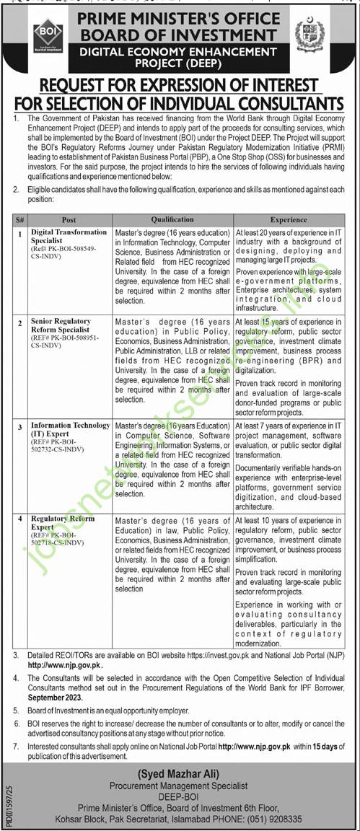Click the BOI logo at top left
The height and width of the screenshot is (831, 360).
(48, 35)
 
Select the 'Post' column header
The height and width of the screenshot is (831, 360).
(69, 219)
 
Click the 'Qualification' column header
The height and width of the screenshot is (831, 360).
(172, 219)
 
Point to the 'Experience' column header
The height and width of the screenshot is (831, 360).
(289, 219)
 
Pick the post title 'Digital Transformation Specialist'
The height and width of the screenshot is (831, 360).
(69, 237)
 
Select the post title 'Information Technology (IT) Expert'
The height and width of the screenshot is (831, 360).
(70, 429)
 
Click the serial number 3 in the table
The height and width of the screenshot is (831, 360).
(21, 426)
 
